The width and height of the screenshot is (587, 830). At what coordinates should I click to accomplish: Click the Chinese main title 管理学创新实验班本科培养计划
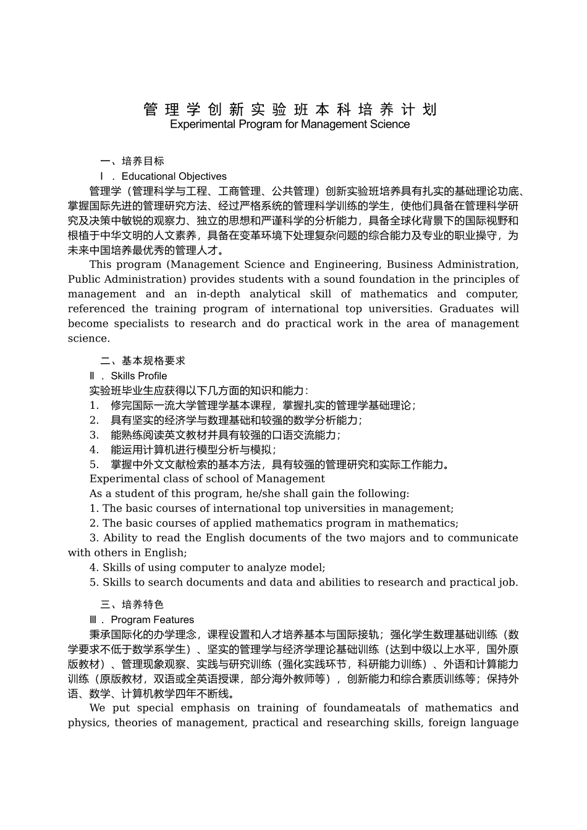click(290, 109)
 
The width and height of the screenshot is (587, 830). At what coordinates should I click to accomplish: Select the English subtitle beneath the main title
click(289, 124)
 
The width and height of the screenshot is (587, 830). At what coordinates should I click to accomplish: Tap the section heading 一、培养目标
click(132, 161)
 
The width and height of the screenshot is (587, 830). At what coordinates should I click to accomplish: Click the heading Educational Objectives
click(174, 176)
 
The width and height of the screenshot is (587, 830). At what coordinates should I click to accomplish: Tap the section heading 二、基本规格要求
click(143, 361)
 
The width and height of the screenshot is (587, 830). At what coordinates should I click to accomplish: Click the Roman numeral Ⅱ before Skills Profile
click(93, 375)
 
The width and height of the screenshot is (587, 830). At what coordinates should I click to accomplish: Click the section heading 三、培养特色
click(132, 605)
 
